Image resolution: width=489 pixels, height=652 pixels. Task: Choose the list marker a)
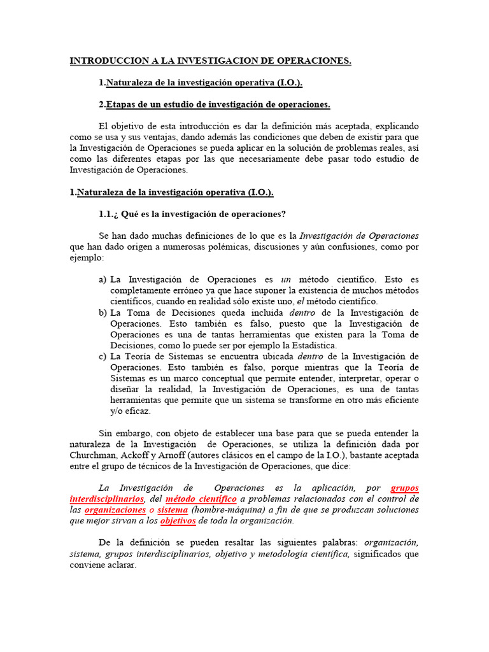click(x=102, y=280)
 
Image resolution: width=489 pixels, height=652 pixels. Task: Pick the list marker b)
click(x=102, y=313)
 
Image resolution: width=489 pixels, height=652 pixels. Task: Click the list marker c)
click(x=102, y=356)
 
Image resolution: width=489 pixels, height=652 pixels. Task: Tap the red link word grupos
click(x=404, y=488)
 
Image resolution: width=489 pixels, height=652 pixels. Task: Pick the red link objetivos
click(x=178, y=521)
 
